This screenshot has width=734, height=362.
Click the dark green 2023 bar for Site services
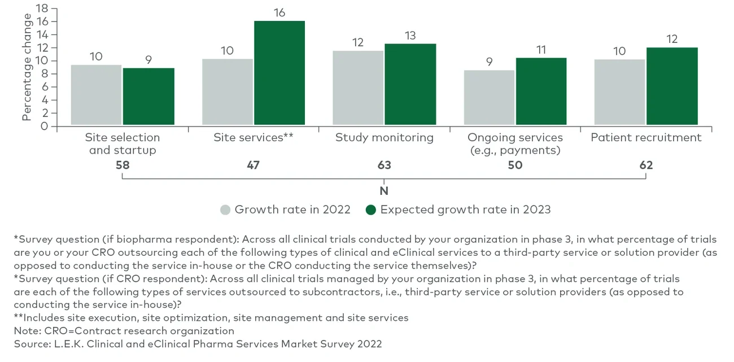pyautogui.click(x=279, y=73)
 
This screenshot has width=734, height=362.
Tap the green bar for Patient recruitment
pyautogui.click(x=672, y=86)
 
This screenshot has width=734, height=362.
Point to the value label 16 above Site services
pyautogui.click(x=279, y=12)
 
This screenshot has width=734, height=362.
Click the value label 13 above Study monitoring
pyautogui.click(x=410, y=36)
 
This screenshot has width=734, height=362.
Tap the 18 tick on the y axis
pyautogui.click(x=41, y=8)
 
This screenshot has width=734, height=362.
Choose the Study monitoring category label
pyautogui.click(x=384, y=137)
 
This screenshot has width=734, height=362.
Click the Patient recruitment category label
pyautogui.click(x=646, y=137)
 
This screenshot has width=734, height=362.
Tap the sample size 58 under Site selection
pyautogui.click(x=123, y=165)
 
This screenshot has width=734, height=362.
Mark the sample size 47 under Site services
pyautogui.click(x=253, y=165)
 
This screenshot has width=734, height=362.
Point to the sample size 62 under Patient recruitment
pyautogui.click(x=646, y=165)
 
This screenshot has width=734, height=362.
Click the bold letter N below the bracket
pyautogui.click(x=384, y=191)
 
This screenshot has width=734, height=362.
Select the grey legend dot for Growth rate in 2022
pyautogui.click(x=225, y=210)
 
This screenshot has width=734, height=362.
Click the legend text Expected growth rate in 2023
pyautogui.click(x=465, y=210)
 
